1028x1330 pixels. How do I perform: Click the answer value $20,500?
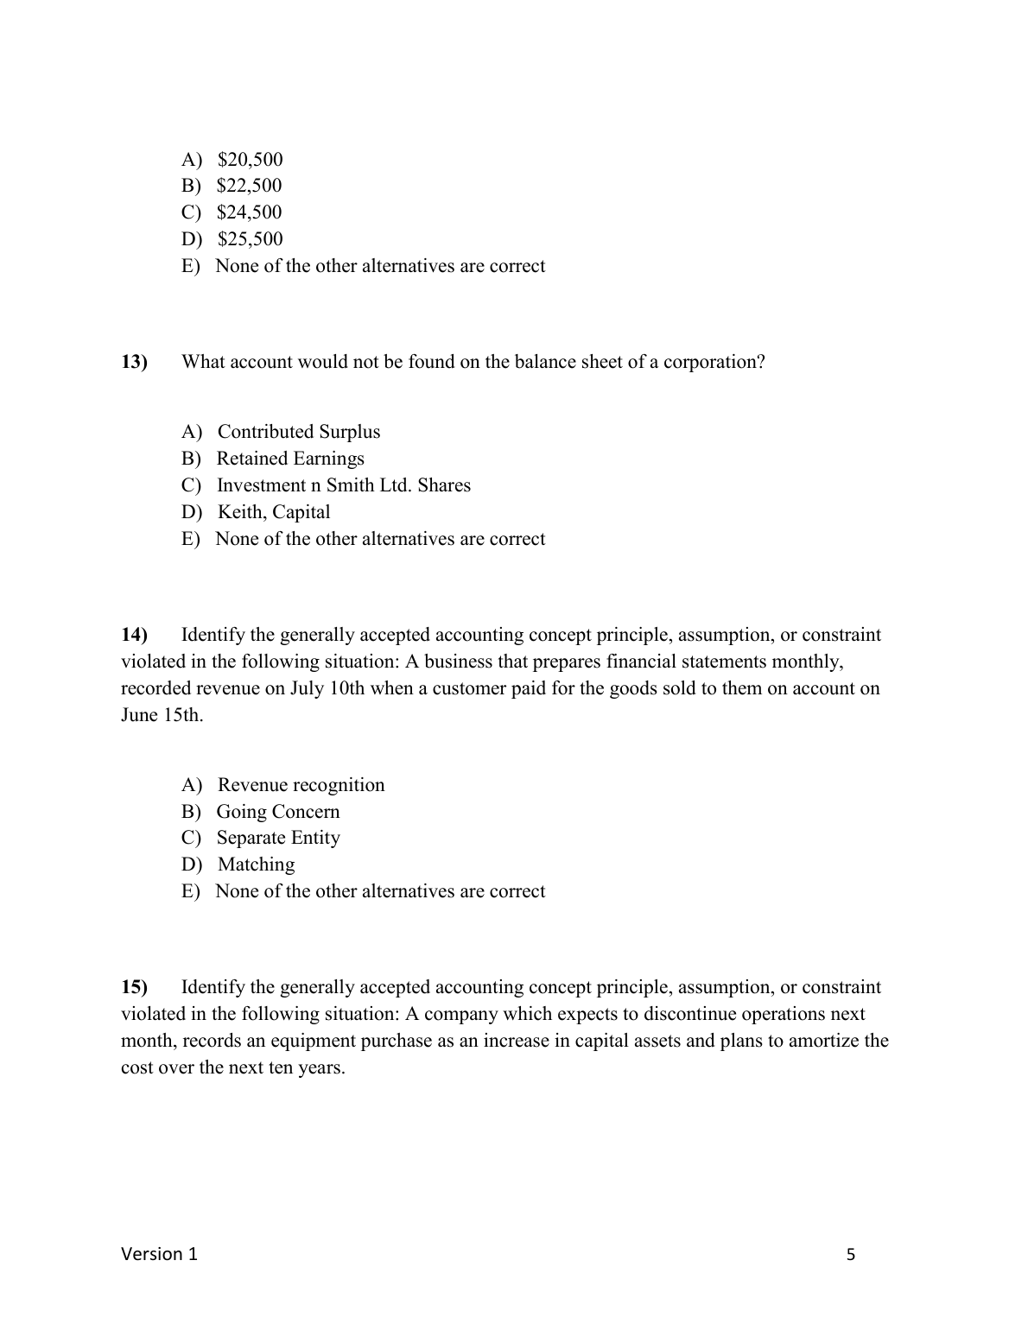[250, 160]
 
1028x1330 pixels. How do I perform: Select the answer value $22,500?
[249, 186]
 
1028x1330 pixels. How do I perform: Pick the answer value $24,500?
[249, 212]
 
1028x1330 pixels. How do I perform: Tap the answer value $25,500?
[250, 239]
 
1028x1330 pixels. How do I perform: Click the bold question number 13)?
[134, 362]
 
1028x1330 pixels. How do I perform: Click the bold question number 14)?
[134, 636]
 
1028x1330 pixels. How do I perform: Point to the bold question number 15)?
[134, 987]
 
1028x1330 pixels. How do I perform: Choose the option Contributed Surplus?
[298, 432]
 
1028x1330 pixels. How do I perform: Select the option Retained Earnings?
[290, 459]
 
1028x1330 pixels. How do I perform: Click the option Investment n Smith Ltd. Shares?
[343, 485]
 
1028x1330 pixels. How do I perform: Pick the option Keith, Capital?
[274, 512]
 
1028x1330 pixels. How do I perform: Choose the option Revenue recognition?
[301, 785]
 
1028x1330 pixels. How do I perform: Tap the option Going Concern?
[277, 812]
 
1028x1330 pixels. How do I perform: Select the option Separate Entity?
[277, 838]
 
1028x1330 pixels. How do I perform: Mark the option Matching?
[256, 864]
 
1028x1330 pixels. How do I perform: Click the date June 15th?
[162, 716]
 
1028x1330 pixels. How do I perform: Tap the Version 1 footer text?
[159, 1254]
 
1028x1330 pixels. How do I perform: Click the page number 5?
[851, 1255]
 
